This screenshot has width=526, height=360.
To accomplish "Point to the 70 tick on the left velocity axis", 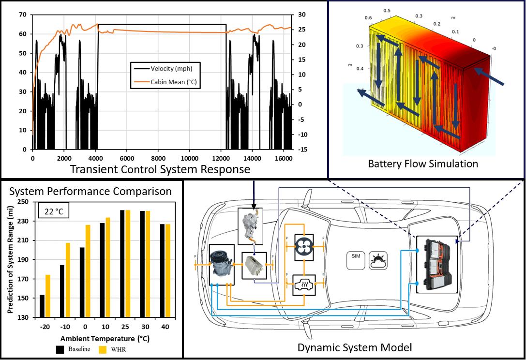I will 22,15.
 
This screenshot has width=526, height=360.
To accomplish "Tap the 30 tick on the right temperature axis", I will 301,15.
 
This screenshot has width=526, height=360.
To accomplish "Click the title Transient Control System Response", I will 160,169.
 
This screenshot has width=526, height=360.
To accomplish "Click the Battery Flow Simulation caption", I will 423,164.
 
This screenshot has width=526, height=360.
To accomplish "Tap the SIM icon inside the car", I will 354,258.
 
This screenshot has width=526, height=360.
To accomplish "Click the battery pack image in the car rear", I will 435,265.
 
